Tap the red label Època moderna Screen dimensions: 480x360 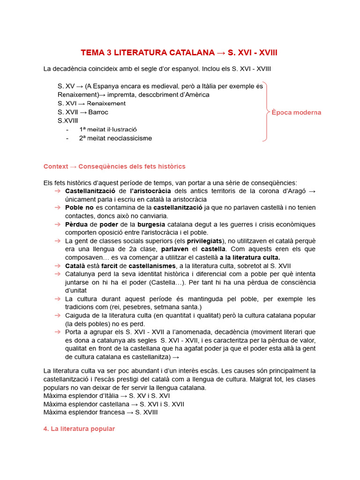(x=296, y=112)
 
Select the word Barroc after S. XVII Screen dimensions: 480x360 (x=98, y=112)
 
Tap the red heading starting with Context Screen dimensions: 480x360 (x=114, y=166)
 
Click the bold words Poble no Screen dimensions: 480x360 (x=80, y=208)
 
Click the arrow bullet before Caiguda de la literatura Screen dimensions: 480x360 (x=57, y=315)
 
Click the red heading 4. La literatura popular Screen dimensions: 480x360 (x=79, y=429)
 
